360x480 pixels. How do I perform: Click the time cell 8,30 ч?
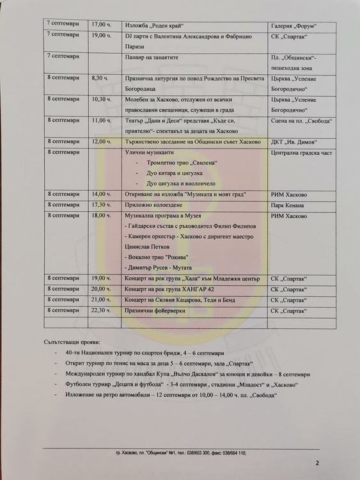(x=101, y=77)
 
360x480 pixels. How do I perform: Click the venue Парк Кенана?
(x=287, y=205)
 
